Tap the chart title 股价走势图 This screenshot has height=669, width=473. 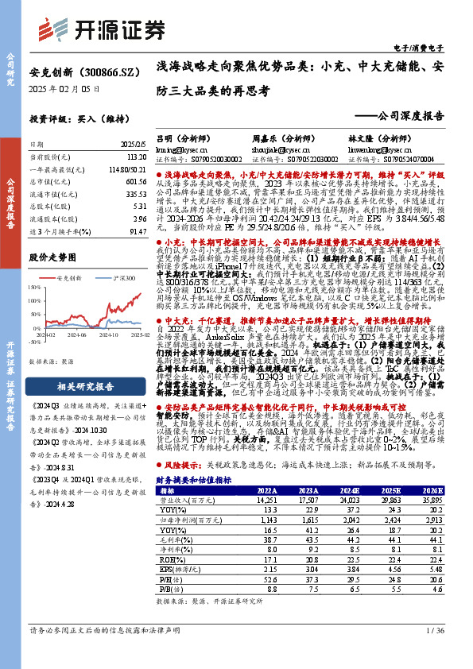(x=51, y=257)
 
